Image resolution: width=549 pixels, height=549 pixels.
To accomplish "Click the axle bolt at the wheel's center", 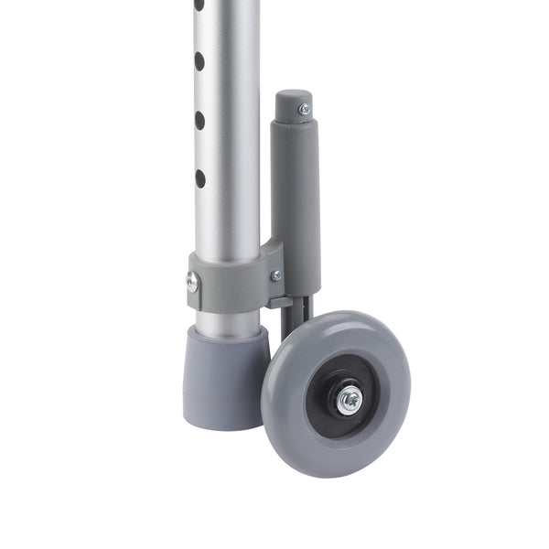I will pyautogui.click(x=349, y=399).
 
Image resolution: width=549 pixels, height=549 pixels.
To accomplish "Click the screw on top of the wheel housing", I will pyautogui.click(x=304, y=110).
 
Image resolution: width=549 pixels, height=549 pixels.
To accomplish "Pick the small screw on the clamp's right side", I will pyautogui.click(x=276, y=274).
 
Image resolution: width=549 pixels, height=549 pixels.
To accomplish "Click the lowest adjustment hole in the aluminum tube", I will pyautogui.click(x=199, y=178).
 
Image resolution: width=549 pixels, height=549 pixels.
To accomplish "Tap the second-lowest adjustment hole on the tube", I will pyautogui.click(x=199, y=119).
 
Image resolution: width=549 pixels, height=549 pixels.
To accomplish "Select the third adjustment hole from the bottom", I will pyautogui.click(x=199, y=61).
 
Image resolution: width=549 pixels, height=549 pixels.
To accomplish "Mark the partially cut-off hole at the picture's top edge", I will pyautogui.click(x=199, y=5).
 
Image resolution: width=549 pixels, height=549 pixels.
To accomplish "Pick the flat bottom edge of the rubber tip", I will pyautogui.click(x=220, y=425).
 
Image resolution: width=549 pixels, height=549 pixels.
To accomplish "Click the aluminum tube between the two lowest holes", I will pyautogui.click(x=199, y=149).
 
